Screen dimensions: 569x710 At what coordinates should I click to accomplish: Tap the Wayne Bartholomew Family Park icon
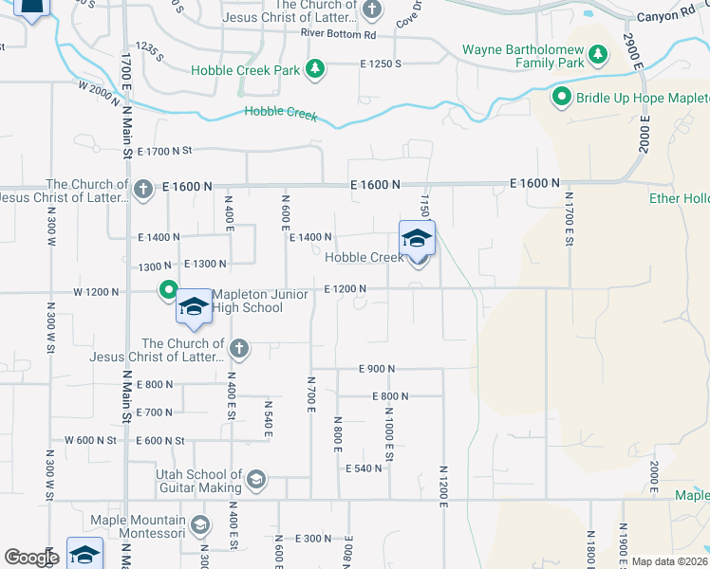pyautogui.click(x=598, y=54)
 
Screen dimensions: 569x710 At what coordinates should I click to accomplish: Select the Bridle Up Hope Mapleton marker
pyautogui.click(x=561, y=97)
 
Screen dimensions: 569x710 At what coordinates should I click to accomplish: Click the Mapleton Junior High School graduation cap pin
pyautogui.click(x=193, y=306)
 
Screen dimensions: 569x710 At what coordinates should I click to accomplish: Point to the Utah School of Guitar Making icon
pyautogui.click(x=255, y=480)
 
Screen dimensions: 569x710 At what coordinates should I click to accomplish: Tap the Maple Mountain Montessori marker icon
pyautogui.click(x=199, y=524)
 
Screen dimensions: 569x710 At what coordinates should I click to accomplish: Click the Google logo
pyautogui.click(x=31, y=558)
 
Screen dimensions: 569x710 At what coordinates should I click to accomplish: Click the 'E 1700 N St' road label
pyautogui.click(x=164, y=151)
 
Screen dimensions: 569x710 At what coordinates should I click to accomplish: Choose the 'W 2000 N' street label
pyautogui.click(x=103, y=85)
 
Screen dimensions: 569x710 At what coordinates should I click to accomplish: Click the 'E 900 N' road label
pyautogui.click(x=376, y=369)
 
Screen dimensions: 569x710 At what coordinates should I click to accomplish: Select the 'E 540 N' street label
pyautogui.click(x=364, y=468)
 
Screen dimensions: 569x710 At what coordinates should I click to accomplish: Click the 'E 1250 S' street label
pyautogui.click(x=381, y=64)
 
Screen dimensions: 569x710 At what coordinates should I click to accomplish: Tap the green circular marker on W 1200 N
pyautogui.click(x=168, y=290)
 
